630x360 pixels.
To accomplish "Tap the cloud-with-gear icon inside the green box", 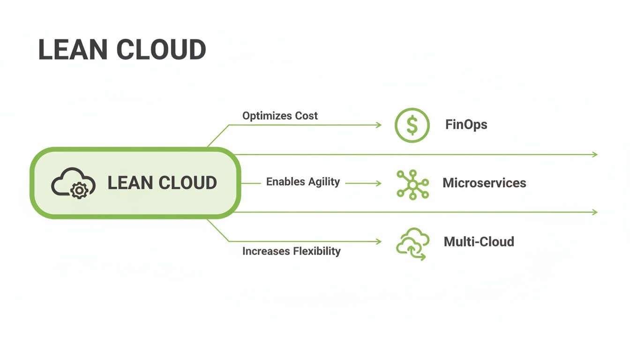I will (x=73, y=183).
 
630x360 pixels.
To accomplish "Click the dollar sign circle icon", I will (x=412, y=125).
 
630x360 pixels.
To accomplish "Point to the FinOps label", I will (x=466, y=125).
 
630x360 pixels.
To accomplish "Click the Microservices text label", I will (x=484, y=183).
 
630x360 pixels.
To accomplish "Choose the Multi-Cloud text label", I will (x=479, y=242).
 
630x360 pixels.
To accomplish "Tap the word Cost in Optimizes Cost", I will (x=306, y=116).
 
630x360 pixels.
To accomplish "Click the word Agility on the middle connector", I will (x=323, y=182).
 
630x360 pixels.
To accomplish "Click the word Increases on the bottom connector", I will (x=265, y=251).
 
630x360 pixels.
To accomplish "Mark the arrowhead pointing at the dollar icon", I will (x=379, y=125).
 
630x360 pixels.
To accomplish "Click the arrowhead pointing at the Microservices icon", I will (x=379, y=184).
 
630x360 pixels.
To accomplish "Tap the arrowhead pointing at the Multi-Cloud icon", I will (x=379, y=242).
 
